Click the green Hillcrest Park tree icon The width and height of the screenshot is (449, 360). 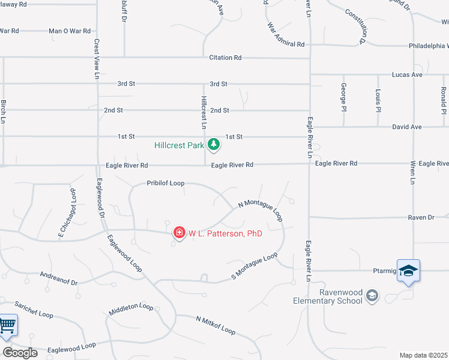pos(213,144)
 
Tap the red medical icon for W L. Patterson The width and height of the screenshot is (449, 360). pos(178,232)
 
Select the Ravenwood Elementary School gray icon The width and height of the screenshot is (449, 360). pos(372,295)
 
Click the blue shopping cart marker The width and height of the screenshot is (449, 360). pos(7,326)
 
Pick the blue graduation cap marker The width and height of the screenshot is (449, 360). pos(408,271)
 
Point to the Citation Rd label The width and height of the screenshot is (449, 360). pos(225,58)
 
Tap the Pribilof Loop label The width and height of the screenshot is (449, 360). pos(165,184)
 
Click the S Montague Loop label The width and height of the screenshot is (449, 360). pos(255,266)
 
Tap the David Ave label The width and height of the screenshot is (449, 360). pos(407,127)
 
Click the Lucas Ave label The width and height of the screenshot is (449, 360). pos(407,75)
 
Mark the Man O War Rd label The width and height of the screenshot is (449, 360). pos(69,31)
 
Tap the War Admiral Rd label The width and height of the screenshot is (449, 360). pos(286,36)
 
